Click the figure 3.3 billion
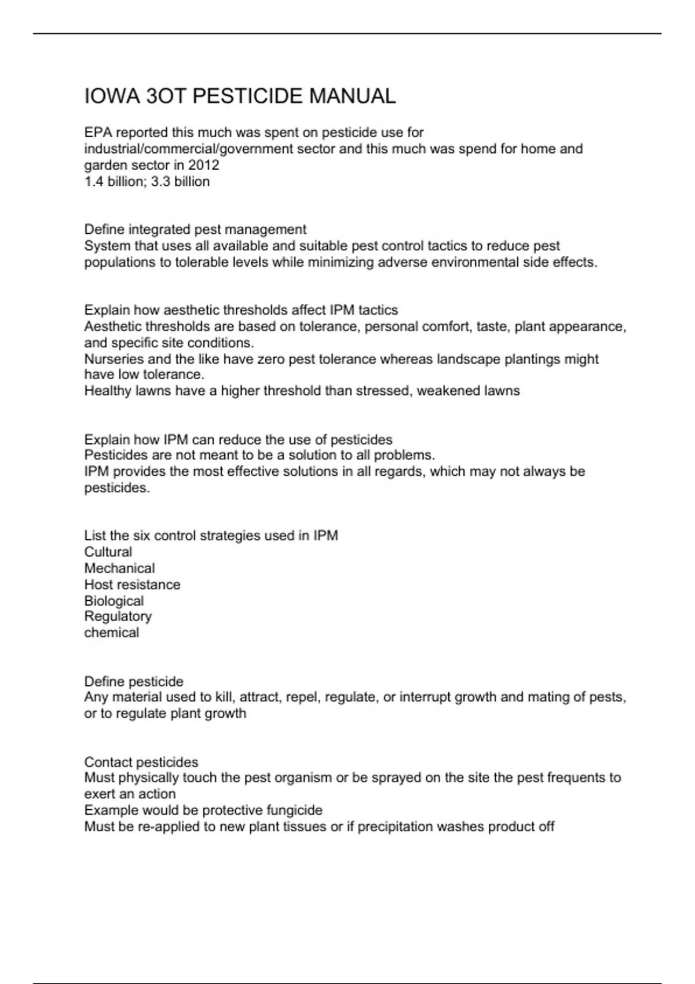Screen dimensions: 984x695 point(180,182)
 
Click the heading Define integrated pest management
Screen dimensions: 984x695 point(195,230)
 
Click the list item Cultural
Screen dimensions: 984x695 point(108,552)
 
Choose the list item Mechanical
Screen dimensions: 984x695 point(119,568)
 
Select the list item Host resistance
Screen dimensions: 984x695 point(132,585)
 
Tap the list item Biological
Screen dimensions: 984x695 point(114,601)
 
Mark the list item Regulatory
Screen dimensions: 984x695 point(118,616)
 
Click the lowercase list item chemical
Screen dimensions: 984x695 point(111,633)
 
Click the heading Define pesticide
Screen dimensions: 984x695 point(133,681)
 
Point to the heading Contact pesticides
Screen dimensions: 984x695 point(141,762)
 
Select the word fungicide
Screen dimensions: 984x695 point(294,810)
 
